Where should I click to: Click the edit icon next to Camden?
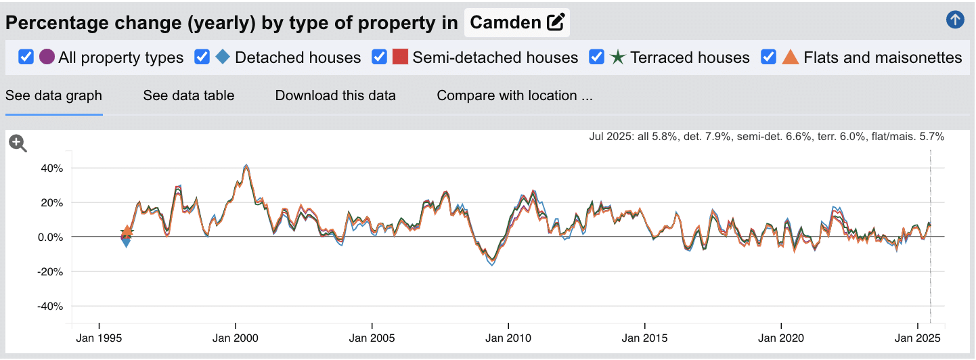click(x=556, y=22)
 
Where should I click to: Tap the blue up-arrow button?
click(x=955, y=20)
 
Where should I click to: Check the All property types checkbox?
click(x=26, y=57)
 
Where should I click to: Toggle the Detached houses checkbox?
click(x=202, y=57)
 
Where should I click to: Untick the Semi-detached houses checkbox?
click(x=379, y=57)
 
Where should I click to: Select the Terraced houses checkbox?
click(x=597, y=57)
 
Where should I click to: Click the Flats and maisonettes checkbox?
click(x=768, y=57)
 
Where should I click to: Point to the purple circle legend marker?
click(x=47, y=57)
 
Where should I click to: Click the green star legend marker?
click(x=617, y=57)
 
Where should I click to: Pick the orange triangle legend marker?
click(x=791, y=57)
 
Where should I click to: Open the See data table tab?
click(x=188, y=95)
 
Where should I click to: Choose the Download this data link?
click(x=335, y=95)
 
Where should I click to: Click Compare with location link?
click(x=514, y=95)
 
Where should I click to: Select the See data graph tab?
click(x=53, y=95)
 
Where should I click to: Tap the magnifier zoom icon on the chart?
click(x=18, y=143)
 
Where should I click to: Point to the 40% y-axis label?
click(x=51, y=168)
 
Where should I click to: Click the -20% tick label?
click(x=49, y=271)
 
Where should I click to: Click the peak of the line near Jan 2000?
click(x=246, y=165)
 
